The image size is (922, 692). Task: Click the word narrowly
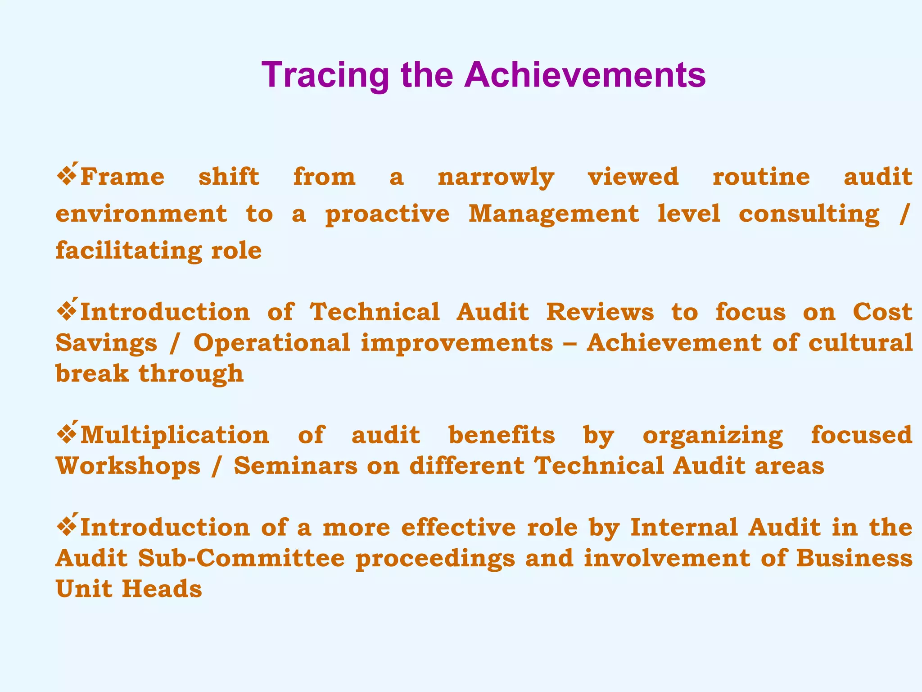[496, 177]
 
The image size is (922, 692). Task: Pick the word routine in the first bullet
[761, 176]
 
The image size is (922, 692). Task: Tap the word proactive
[387, 214]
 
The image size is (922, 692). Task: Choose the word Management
[554, 214]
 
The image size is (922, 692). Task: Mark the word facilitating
[128, 250]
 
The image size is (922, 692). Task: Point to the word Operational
[271, 343]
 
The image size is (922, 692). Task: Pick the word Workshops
[128, 466]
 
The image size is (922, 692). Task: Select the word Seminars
[295, 466]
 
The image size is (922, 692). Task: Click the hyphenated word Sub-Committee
[241, 558]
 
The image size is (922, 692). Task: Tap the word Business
[854, 558]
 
